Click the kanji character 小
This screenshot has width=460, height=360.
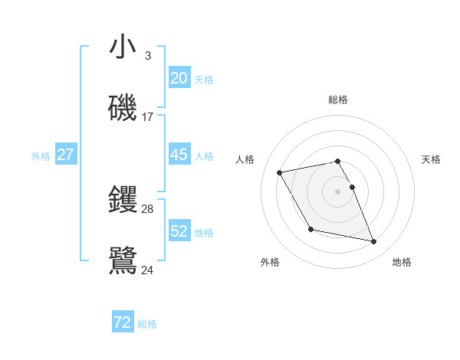click(123, 47)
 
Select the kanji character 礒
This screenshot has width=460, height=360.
click(123, 109)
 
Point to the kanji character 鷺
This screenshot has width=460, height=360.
click(123, 261)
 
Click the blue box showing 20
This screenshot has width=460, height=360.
click(179, 77)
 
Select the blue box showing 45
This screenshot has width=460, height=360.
click(179, 155)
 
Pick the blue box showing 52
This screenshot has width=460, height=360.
click(179, 231)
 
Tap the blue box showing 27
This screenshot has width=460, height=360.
click(65, 155)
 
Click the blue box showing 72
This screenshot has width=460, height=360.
click(123, 322)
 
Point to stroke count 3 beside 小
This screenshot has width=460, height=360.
click(147, 55)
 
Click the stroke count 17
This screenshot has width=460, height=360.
click(147, 117)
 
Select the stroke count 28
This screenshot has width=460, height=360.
click(147, 208)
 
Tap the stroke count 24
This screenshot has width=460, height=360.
click(147, 270)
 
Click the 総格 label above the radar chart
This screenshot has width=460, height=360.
click(337, 100)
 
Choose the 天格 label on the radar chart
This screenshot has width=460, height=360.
click(431, 159)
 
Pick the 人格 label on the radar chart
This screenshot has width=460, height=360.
click(245, 159)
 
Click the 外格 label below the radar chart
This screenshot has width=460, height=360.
click(269, 262)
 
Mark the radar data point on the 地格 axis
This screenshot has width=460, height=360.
click(373, 242)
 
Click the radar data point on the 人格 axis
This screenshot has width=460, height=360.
click(280, 172)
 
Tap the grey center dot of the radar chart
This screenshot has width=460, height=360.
click(337, 191)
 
